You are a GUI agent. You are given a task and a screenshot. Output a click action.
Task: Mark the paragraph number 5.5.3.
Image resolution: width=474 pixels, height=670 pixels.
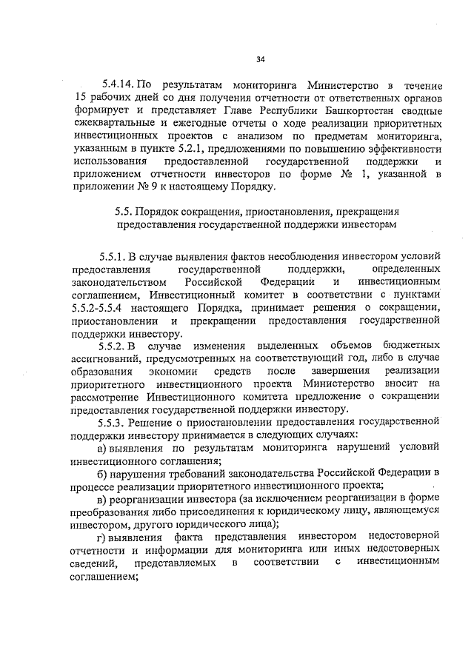118,422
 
